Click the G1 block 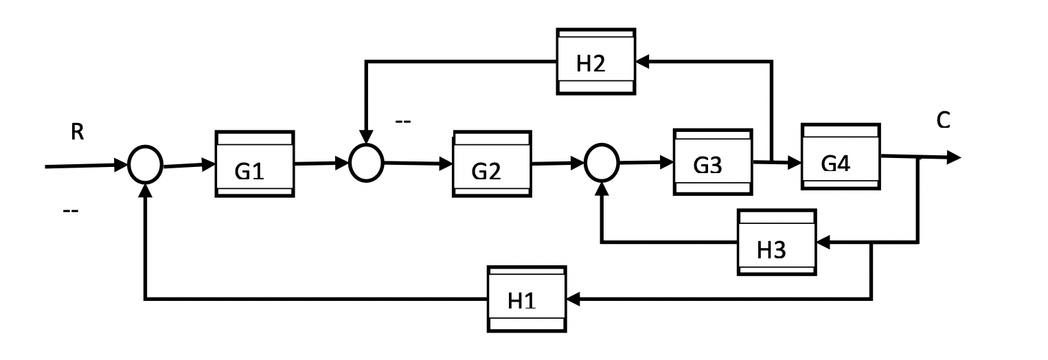255,164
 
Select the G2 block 492,164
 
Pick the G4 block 841,157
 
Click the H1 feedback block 527,299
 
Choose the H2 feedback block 596,61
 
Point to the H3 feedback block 777,243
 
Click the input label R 78,133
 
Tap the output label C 944,121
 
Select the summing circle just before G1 145,165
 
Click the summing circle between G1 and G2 365,164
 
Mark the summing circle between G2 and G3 602,164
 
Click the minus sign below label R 70,210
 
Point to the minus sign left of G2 402,122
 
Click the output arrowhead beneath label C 953,157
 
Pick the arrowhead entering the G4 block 795,163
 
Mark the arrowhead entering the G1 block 209,164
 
